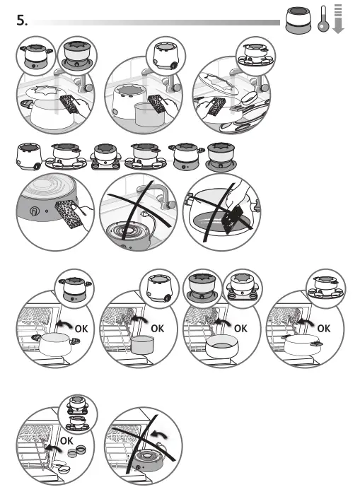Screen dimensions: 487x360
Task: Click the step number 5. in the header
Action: pos(21,21)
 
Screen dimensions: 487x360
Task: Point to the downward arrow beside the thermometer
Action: pos(338,19)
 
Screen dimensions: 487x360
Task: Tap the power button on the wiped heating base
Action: pos(33,211)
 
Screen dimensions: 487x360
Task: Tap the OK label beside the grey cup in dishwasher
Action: pos(157,329)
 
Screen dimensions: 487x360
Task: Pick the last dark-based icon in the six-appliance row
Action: pos(218,155)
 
